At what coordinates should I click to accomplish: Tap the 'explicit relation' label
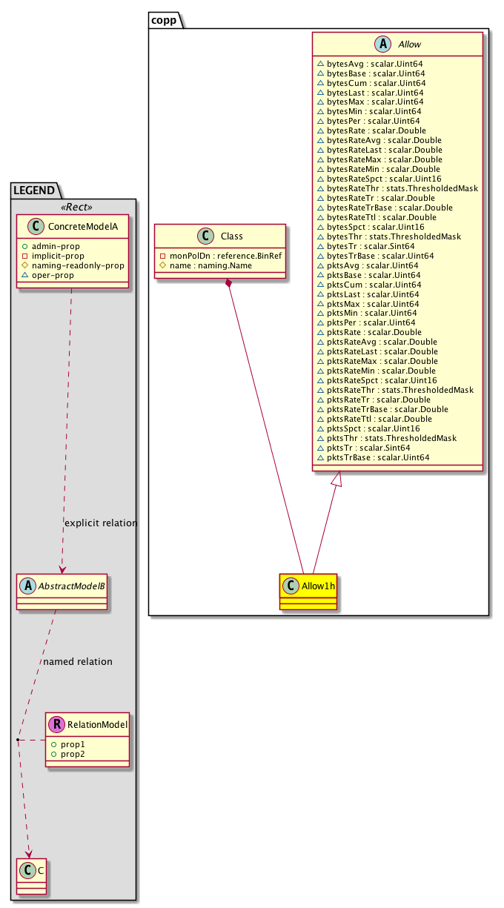tap(101, 523)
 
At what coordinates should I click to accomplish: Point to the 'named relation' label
tap(78, 661)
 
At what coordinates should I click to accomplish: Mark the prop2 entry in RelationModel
tap(73, 753)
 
